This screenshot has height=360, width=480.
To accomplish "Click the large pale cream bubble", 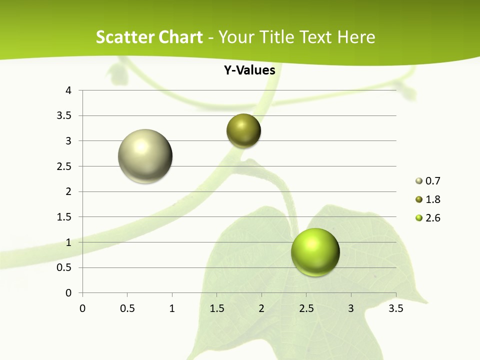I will tap(145, 156).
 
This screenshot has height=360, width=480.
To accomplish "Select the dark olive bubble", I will tap(244, 131).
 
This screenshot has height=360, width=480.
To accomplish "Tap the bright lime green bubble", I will tap(315, 252).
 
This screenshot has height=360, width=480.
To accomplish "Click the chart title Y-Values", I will tap(249, 70).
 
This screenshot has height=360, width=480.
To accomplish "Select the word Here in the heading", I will tap(356, 37).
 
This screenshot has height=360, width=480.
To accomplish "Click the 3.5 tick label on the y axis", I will tap(65, 116).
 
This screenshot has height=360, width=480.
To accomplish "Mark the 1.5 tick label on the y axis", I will tap(65, 217).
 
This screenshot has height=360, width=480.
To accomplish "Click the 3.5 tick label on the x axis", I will tap(396, 308).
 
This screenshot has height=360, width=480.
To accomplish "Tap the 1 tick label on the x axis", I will tap(172, 308).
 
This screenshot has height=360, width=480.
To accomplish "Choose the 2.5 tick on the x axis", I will tap(306, 308).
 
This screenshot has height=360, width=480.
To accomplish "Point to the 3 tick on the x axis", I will tap(351, 308).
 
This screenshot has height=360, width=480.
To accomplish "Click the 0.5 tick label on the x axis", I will tap(127, 308).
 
